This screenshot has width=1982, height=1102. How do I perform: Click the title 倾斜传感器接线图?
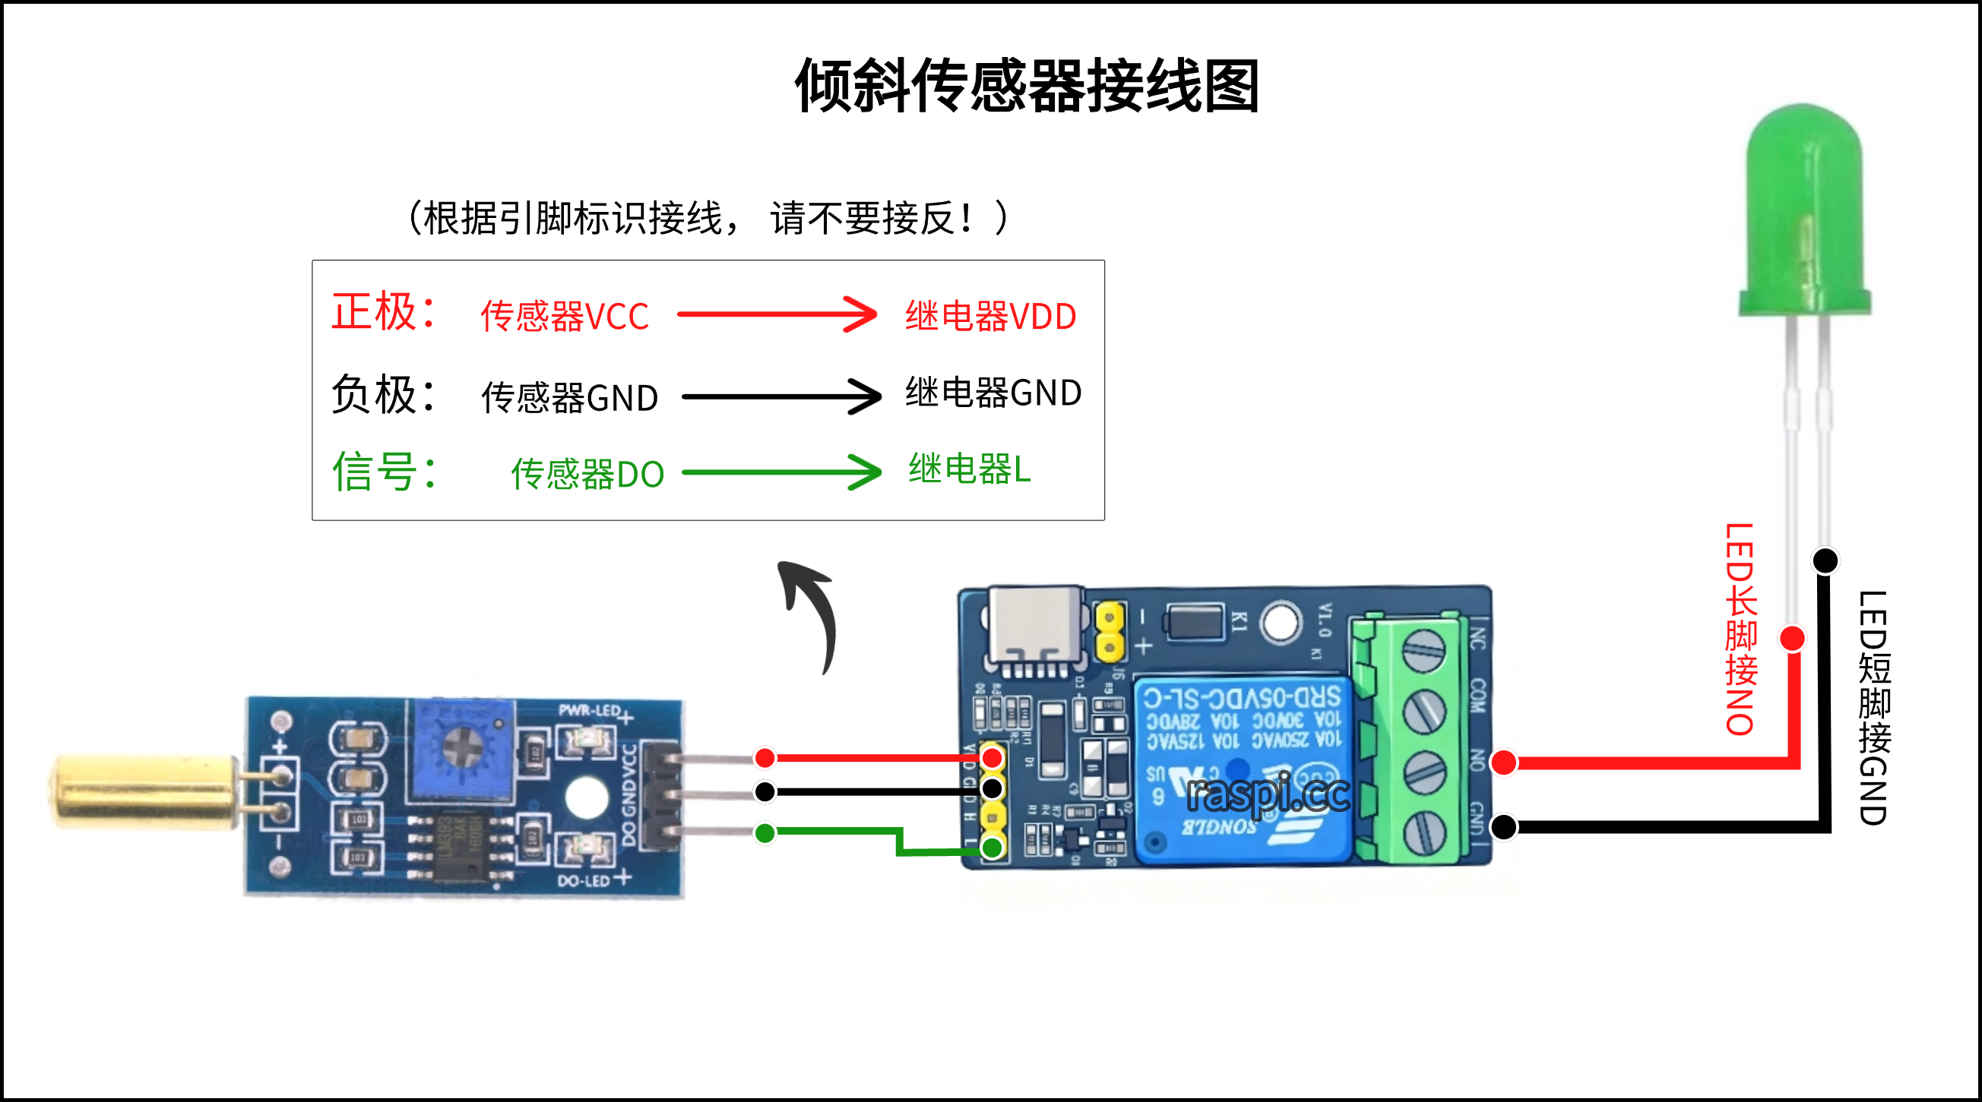point(1027,86)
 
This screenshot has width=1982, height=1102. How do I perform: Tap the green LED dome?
point(1804,207)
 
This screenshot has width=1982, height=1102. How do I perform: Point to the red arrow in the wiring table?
point(777,314)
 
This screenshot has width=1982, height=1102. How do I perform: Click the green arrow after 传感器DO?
point(781,472)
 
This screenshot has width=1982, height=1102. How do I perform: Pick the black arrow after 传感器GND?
point(781,396)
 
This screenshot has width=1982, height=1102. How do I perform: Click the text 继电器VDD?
point(990,316)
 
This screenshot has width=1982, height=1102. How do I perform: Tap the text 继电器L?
point(969,469)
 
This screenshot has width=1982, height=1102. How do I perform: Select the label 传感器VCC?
point(565,316)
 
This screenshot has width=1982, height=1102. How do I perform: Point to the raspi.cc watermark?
point(1268,794)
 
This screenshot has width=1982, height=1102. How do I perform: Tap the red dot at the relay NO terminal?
point(1503,762)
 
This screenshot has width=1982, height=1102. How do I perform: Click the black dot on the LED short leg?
point(1825,560)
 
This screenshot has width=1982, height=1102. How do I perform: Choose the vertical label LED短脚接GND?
point(1873,708)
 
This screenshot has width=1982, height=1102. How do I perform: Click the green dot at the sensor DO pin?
point(765,833)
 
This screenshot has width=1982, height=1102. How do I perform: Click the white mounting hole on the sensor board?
point(586,797)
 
